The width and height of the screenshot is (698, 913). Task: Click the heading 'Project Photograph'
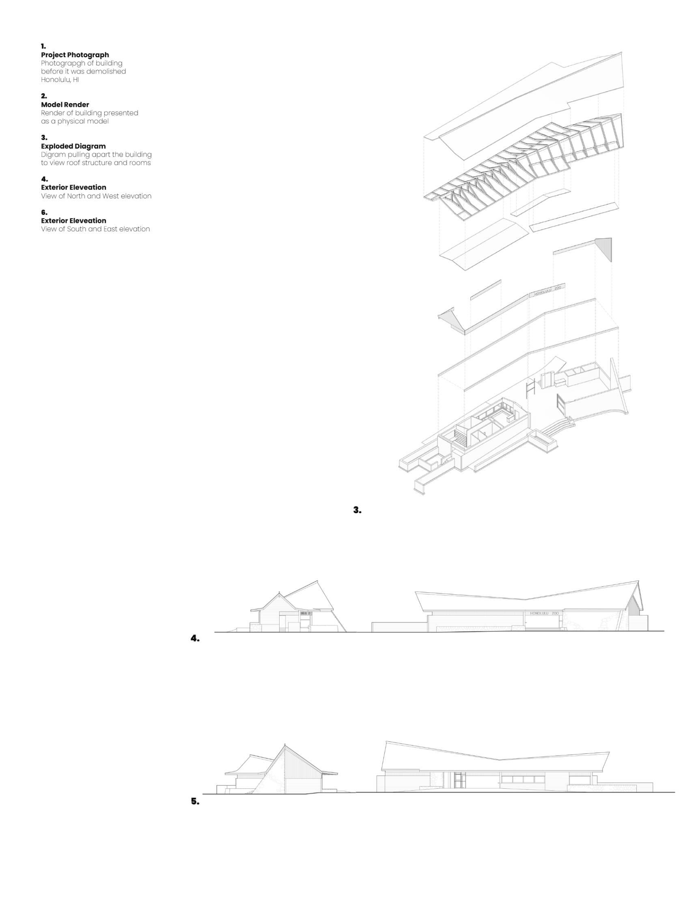[x=75, y=55]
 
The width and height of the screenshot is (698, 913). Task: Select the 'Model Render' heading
[x=65, y=105]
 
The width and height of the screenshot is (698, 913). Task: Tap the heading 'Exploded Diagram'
[x=73, y=146]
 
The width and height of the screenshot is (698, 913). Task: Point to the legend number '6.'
[x=44, y=212]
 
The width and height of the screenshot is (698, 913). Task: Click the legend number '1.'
[x=43, y=46]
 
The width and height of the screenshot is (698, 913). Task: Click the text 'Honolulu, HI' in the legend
[x=60, y=80]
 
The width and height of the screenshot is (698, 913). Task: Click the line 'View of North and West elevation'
[x=96, y=196]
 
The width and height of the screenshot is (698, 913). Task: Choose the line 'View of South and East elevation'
[x=95, y=229]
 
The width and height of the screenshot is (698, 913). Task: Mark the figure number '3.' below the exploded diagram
[x=357, y=510]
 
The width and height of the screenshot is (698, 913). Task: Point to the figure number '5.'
[x=195, y=801]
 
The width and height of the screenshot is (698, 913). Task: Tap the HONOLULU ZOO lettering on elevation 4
[x=544, y=613]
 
